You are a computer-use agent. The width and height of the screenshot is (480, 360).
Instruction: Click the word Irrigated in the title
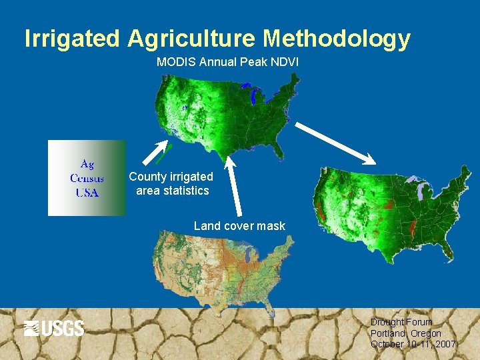pos(73,39)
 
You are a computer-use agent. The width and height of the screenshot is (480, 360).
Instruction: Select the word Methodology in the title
pos(337,39)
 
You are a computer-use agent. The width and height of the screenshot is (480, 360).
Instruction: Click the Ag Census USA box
pos(87,178)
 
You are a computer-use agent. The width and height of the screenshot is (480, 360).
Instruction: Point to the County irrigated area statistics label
pos(171,183)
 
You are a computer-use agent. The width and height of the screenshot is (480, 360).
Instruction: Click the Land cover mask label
pos(239,226)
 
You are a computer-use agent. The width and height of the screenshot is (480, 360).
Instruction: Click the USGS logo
pos(54,328)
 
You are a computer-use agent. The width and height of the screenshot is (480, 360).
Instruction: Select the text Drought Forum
pos(401,322)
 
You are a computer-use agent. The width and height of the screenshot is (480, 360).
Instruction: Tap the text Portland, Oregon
pos(406,333)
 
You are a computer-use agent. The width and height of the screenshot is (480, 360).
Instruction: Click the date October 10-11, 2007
pos(413,344)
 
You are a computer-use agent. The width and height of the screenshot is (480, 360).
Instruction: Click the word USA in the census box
pos(87,193)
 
